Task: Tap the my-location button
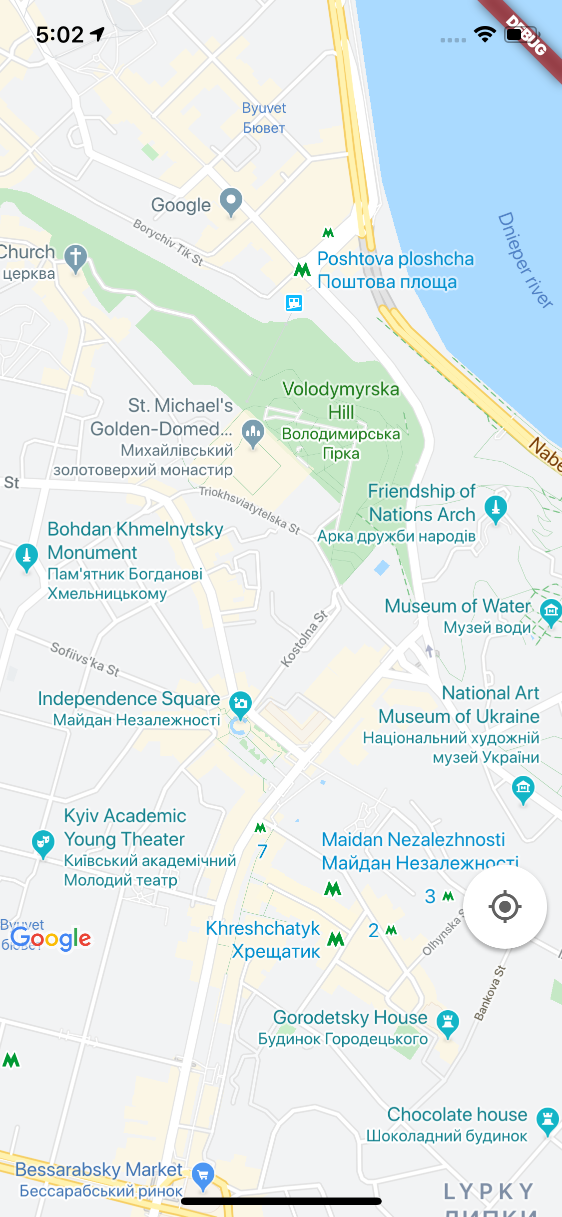pos(505,906)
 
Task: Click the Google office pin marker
pos(231,201)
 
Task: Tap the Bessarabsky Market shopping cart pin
pos(203,1175)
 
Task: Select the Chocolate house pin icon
pos(548,1120)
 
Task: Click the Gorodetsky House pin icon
pos(448,1022)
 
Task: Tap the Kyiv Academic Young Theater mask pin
pos(43,843)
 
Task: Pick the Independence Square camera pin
pos(240,703)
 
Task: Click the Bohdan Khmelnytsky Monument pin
pos(26,556)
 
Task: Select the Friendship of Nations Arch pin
pos(496,509)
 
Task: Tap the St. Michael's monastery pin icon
pos(253,432)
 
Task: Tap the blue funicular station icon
pos(294,302)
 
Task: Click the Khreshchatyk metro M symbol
pos(336,939)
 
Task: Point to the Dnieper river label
pos(525,259)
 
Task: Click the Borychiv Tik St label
pos(168,242)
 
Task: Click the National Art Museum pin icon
pos(523,788)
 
